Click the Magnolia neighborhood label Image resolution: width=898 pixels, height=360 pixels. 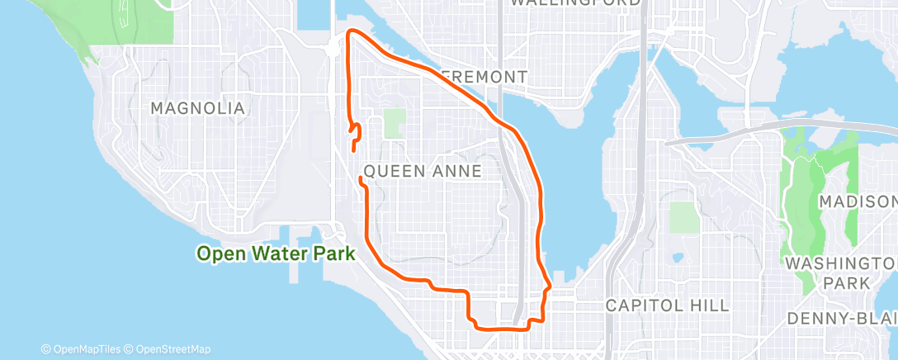click(198, 108)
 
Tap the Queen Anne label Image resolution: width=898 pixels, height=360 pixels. click(423, 171)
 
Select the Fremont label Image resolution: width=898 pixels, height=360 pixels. click(484, 77)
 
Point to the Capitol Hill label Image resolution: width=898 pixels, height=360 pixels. click(667, 306)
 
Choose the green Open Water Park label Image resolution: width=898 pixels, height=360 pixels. click(276, 254)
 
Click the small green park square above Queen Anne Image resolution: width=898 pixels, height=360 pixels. click(395, 124)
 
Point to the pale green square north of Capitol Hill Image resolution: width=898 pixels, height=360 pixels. click(684, 217)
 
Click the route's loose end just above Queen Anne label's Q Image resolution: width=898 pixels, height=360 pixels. click(361, 178)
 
